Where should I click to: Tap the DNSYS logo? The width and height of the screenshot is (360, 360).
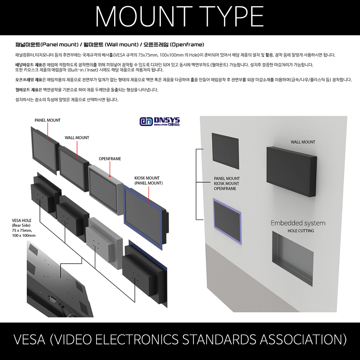159,122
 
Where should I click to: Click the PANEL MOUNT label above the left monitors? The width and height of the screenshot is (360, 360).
48,120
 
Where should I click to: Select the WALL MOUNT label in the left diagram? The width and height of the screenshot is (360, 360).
77,138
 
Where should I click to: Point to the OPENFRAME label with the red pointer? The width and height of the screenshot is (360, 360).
110,159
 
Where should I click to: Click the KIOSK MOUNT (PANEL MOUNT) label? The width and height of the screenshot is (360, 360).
149,180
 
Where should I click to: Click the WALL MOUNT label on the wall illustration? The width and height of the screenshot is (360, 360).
303,142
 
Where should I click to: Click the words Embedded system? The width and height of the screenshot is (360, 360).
298,223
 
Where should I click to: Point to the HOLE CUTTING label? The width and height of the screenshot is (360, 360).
301,231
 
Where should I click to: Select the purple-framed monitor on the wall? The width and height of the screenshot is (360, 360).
227,221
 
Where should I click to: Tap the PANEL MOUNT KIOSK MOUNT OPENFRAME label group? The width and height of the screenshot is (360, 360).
227,183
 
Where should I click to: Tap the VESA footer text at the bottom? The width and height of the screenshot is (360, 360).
180,339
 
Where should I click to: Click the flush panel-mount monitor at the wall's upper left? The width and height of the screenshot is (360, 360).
225,150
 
